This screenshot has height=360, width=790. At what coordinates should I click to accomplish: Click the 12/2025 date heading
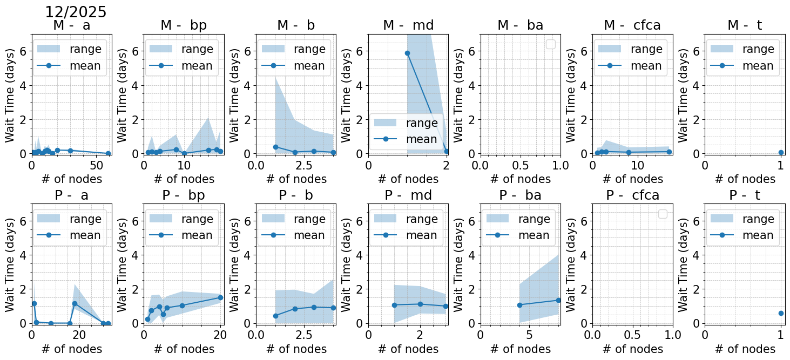(x=76, y=12)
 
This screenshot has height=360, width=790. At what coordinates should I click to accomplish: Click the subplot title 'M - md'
(x=408, y=25)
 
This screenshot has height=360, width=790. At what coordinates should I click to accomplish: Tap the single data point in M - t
(x=781, y=153)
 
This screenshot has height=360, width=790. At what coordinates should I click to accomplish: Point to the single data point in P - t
(x=781, y=313)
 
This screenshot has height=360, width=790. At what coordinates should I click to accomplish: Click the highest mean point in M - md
(x=407, y=53)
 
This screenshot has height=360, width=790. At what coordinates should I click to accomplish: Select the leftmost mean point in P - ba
(x=519, y=305)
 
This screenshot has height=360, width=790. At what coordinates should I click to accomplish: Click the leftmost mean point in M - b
(x=275, y=147)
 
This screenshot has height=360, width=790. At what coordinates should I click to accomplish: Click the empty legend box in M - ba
(x=550, y=44)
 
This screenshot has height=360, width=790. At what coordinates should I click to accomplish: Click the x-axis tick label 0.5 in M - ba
(x=521, y=165)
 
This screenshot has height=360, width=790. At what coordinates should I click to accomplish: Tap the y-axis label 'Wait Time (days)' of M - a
(x=10, y=94)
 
